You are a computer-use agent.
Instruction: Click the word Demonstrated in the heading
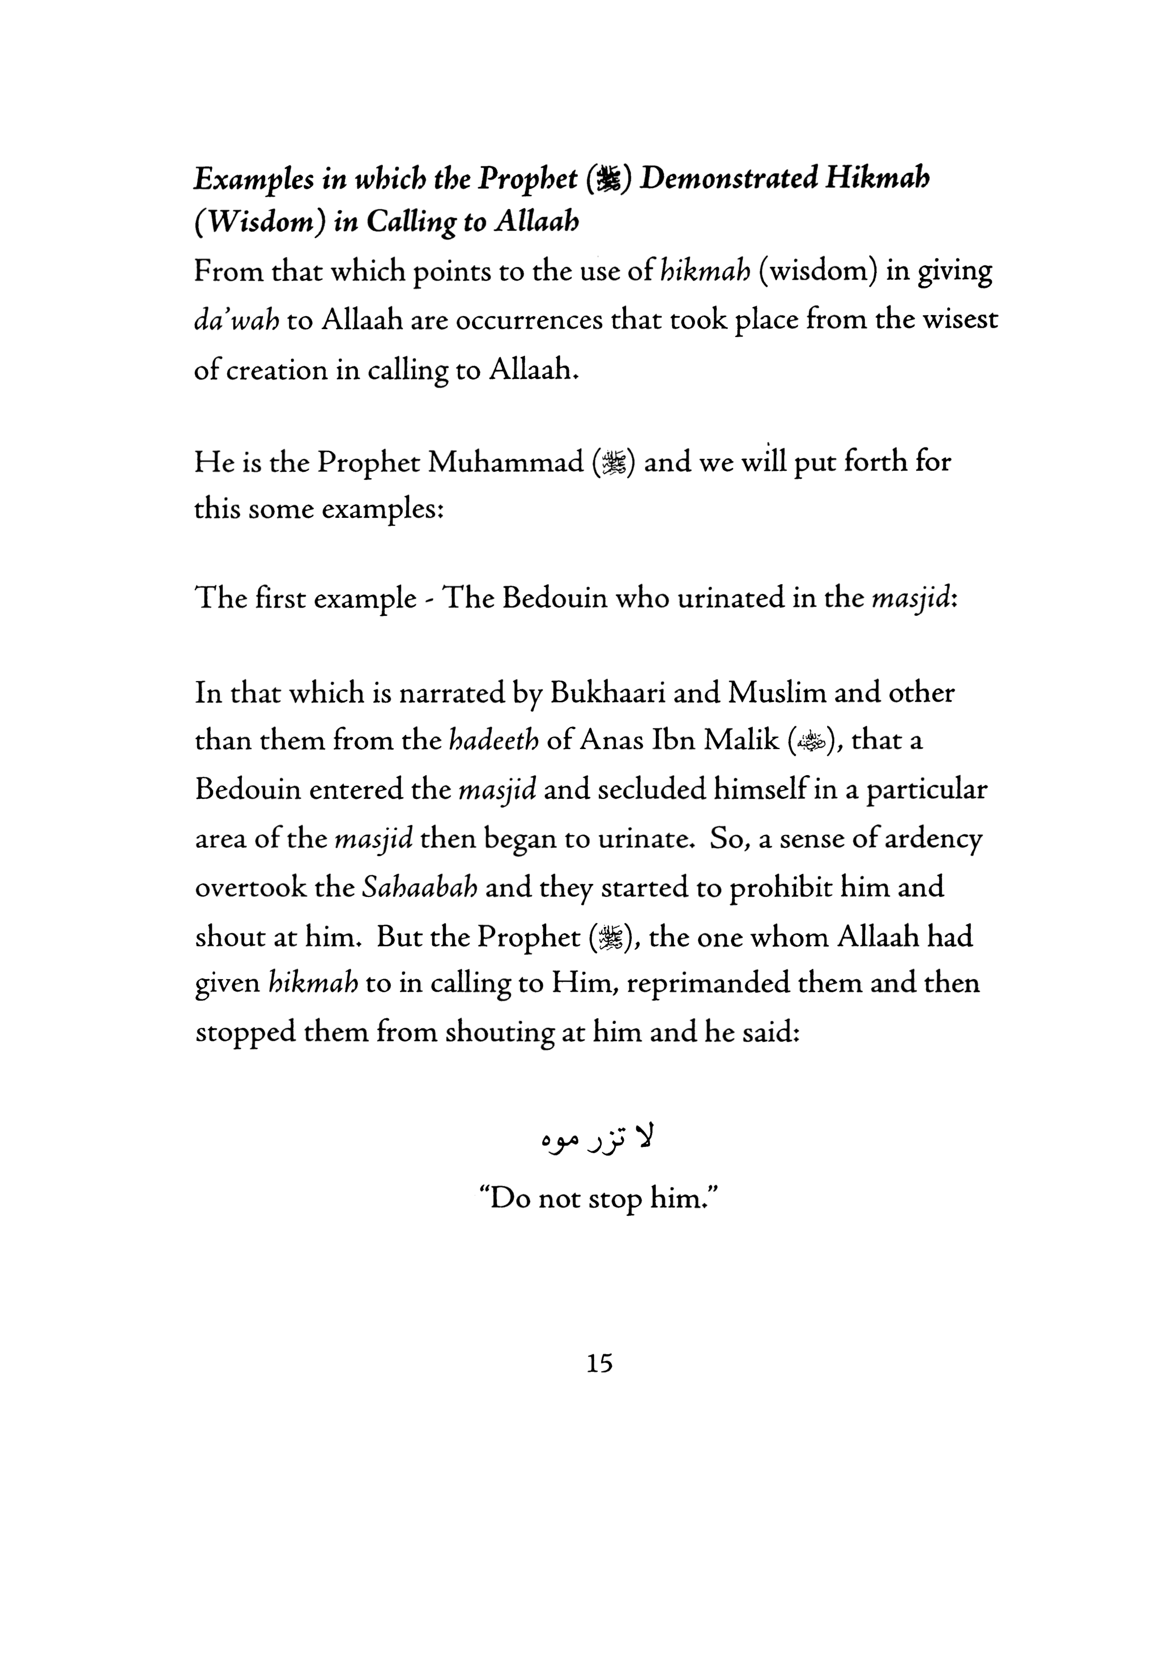pyautogui.click(x=728, y=179)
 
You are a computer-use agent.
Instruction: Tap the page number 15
pyautogui.click(x=599, y=1363)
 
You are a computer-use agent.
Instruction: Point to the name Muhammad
pyautogui.click(x=505, y=462)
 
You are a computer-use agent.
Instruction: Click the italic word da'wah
pyautogui.click(x=236, y=321)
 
